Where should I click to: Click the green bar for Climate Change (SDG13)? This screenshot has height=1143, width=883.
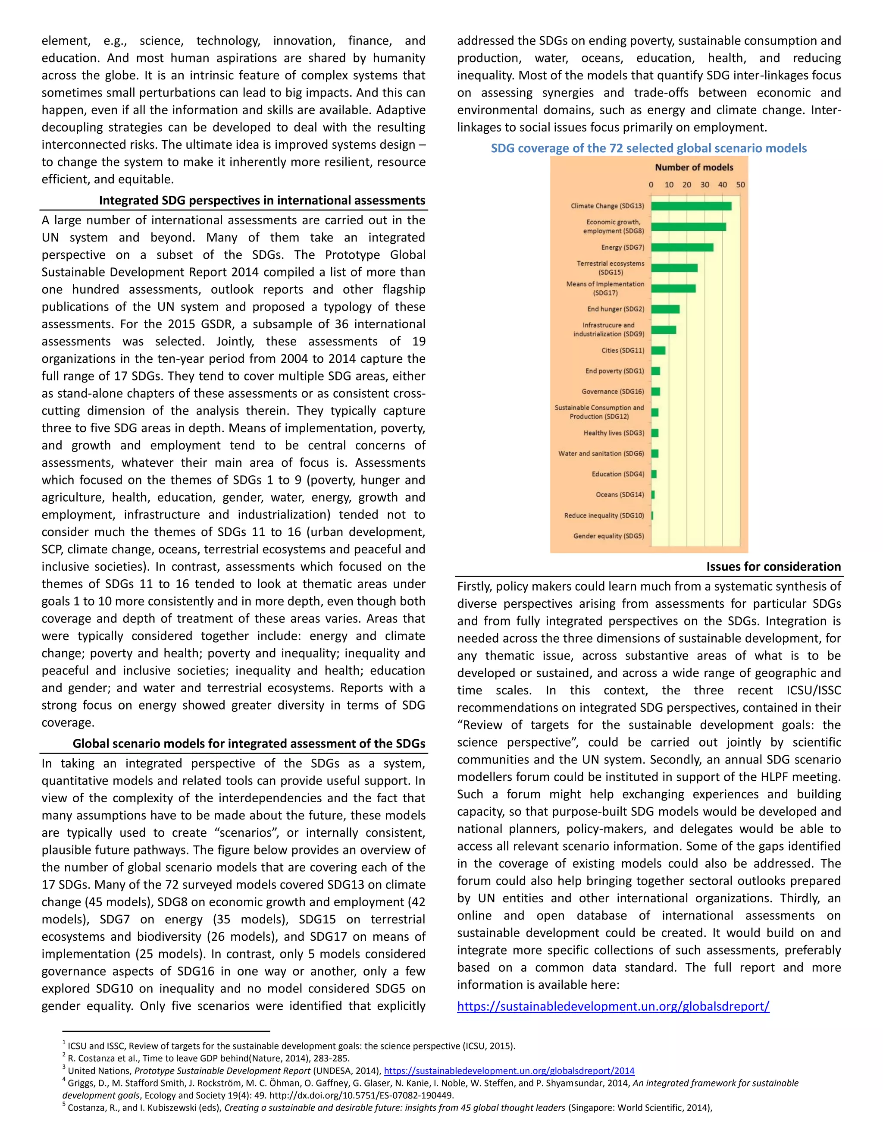[691, 206]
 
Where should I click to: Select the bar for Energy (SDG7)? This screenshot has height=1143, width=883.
[682, 248]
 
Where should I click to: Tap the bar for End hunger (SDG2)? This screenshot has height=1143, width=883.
[665, 309]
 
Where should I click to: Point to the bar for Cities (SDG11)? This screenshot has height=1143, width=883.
[658, 351]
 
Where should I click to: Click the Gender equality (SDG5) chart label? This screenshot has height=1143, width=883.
[608, 536]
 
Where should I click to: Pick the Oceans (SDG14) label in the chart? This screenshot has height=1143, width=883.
[620, 495]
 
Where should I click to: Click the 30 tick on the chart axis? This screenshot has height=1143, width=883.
[705, 185]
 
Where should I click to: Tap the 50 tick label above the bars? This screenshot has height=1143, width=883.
[740, 185]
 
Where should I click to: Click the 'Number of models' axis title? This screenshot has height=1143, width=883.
[694, 167]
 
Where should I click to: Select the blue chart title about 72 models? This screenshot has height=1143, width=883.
[648, 148]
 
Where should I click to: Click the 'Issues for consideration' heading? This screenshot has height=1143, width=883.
[773, 566]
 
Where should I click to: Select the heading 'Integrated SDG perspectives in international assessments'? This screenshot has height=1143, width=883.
[262, 201]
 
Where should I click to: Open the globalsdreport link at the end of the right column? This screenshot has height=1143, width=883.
[613, 1006]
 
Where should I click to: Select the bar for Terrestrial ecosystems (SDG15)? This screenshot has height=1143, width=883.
[674, 268]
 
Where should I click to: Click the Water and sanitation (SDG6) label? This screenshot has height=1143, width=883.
[601, 454]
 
